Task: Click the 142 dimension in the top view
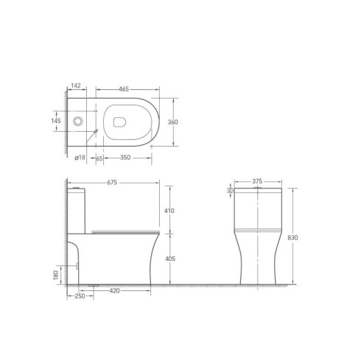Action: coord(75,86)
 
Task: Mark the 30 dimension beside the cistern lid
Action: coord(230,191)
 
